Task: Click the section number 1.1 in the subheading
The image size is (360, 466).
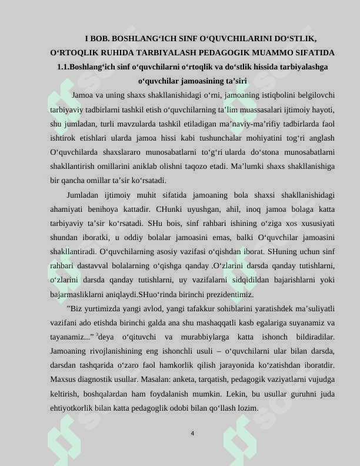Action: click(63, 66)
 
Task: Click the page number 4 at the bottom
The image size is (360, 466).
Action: click(192, 434)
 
